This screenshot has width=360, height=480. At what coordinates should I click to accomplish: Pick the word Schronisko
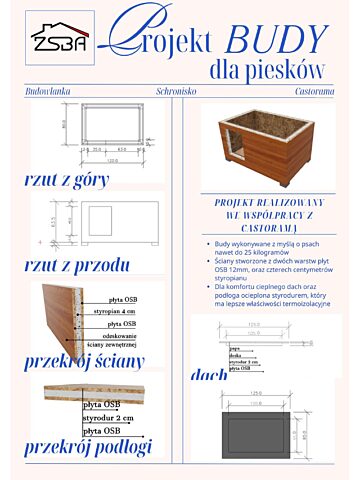pos(179,91)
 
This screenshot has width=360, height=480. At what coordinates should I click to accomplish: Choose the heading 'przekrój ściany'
pos(85,362)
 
